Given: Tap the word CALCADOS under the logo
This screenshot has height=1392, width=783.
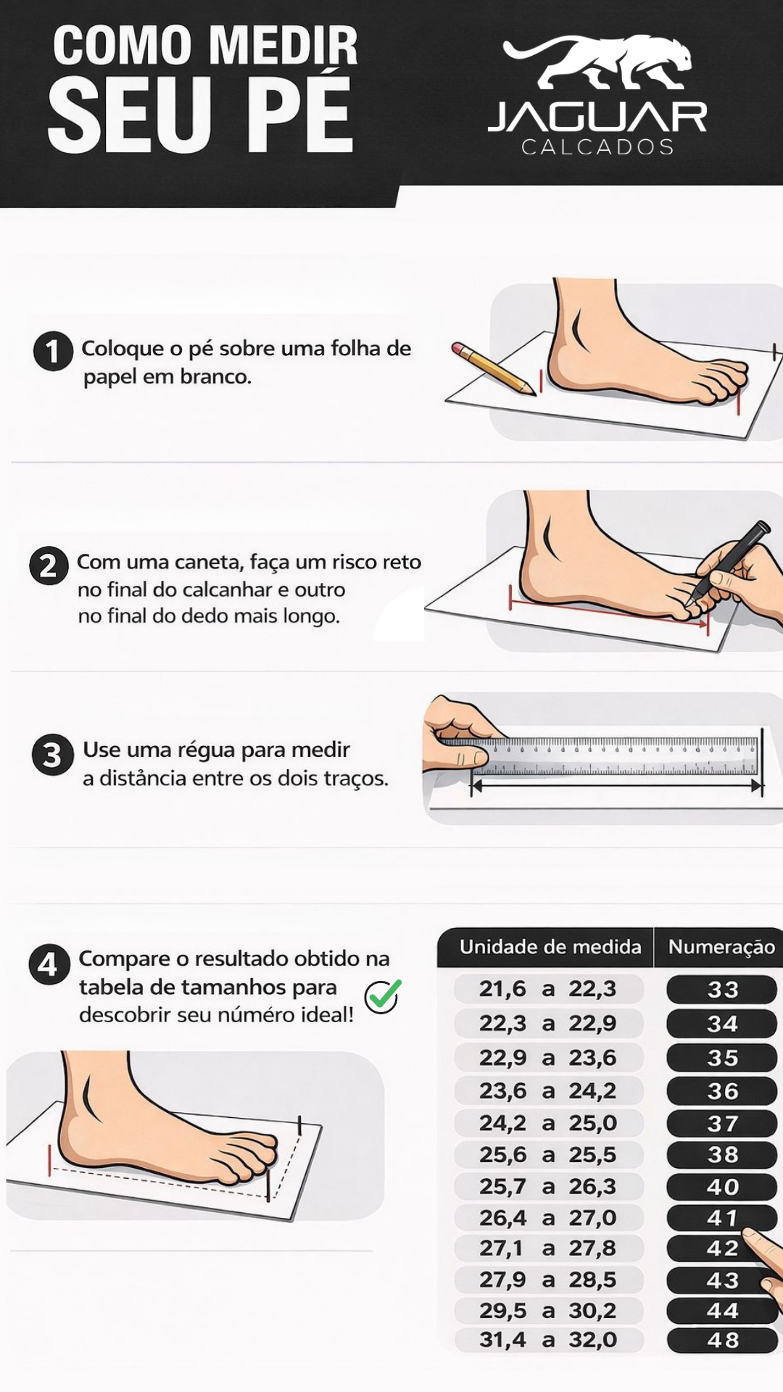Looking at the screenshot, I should pyautogui.click(x=598, y=147).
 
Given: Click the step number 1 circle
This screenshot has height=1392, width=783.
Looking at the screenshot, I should pyautogui.click(x=53, y=352).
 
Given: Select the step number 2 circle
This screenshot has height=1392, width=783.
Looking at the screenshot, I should pyautogui.click(x=49, y=566).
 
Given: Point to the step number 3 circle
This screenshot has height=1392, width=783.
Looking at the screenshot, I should pyautogui.click(x=52, y=755).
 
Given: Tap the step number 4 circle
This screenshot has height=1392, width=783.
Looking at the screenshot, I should pyautogui.click(x=49, y=965).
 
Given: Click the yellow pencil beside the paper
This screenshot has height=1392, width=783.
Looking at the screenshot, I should pyautogui.click(x=492, y=368).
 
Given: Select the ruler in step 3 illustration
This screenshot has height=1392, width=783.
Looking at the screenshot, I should pyautogui.click(x=616, y=756).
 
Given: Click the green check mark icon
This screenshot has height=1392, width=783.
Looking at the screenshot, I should pyautogui.click(x=384, y=996).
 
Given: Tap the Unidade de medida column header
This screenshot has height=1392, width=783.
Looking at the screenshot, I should pyautogui.click(x=550, y=947).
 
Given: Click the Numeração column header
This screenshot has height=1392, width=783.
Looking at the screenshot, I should pyautogui.click(x=721, y=947).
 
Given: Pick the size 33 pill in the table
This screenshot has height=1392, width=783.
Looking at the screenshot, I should pyautogui.click(x=721, y=990).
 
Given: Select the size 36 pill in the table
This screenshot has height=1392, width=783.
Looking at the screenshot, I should pyautogui.click(x=721, y=1091).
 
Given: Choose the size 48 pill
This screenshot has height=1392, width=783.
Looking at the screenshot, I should pyautogui.click(x=721, y=1341).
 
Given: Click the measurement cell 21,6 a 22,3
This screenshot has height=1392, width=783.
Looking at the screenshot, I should pyautogui.click(x=548, y=989).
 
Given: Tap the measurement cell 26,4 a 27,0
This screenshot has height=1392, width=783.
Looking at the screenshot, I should pyautogui.click(x=548, y=1218).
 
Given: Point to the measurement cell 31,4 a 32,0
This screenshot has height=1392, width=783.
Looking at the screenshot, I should pyautogui.click(x=548, y=1340).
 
